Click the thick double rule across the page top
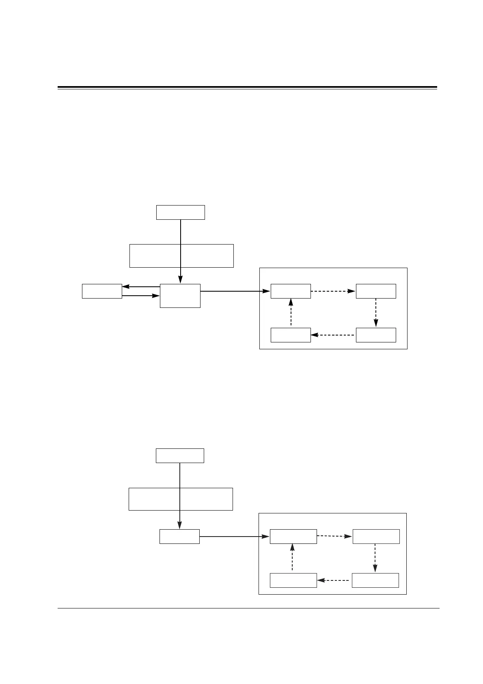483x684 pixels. [x=247, y=87]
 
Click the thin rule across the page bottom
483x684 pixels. [x=248, y=608]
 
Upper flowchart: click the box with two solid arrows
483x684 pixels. [x=102, y=291]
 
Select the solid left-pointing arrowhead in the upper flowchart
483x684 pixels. [x=126, y=287]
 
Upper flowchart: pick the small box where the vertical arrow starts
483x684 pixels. [x=180, y=212]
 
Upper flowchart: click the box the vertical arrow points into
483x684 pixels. [x=180, y=296]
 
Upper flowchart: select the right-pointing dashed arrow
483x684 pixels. [x=333, y=291]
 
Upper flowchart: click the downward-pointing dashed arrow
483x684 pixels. [x=376, y=313]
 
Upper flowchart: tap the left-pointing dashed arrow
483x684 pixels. [x=333, y=335]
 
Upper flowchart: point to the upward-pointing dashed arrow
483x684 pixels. [x=291, y=313]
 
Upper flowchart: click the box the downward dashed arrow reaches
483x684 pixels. [x=376, y=335]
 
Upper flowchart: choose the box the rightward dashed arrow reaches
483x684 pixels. [x=376, y=291]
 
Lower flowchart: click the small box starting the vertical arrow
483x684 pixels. [x=180, y=456]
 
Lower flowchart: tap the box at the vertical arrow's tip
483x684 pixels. [x=179, y=537]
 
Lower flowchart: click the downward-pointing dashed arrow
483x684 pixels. [x=375, y=558]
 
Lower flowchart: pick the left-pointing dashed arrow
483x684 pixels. [x=334, y=580]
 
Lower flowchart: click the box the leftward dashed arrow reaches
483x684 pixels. [x=293, y=580]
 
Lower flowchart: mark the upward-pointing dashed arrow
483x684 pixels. [x=292, y=558]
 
